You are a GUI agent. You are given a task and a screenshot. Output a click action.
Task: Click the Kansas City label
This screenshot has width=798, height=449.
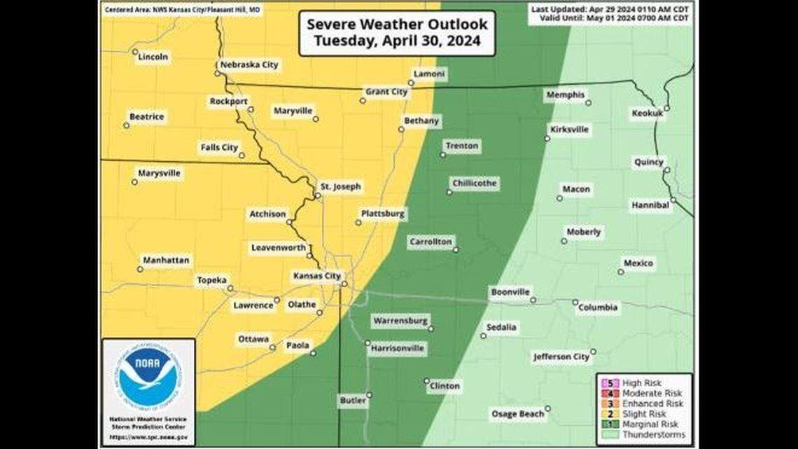tap(316, 276)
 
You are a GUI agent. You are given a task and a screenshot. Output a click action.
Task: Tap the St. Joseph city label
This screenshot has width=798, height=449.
tap(340, 186)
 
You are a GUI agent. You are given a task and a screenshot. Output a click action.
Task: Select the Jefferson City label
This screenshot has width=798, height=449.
tap(561, 357)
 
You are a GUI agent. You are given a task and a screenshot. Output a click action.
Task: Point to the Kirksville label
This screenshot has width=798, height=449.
tap(570, 130)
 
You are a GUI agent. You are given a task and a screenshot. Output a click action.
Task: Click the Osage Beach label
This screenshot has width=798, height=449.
tap(517, 414)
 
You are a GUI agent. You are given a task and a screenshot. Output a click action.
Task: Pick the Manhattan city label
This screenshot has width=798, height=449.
tap(166, 260)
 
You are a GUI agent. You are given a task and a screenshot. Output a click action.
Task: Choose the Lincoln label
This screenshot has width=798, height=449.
tap(153, 57)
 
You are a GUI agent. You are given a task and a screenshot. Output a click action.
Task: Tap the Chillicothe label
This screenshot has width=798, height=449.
tap(474, 183)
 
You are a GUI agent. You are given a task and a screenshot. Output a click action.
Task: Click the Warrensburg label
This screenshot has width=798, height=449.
tap(400, 320)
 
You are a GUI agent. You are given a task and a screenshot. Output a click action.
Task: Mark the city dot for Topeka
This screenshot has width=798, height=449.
tap(230, 288)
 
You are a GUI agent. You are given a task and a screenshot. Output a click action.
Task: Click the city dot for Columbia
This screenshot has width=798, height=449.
tap(575, 303)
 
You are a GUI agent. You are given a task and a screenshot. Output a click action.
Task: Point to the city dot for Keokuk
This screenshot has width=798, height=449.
tap(666, 108)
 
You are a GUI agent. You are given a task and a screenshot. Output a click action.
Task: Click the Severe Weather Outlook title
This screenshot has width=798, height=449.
tap(397, 32)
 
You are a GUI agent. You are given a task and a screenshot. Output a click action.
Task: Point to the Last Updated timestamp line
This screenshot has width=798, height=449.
tap(610, 9)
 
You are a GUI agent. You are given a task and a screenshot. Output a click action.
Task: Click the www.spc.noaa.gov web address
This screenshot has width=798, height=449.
tap(148, 437)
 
